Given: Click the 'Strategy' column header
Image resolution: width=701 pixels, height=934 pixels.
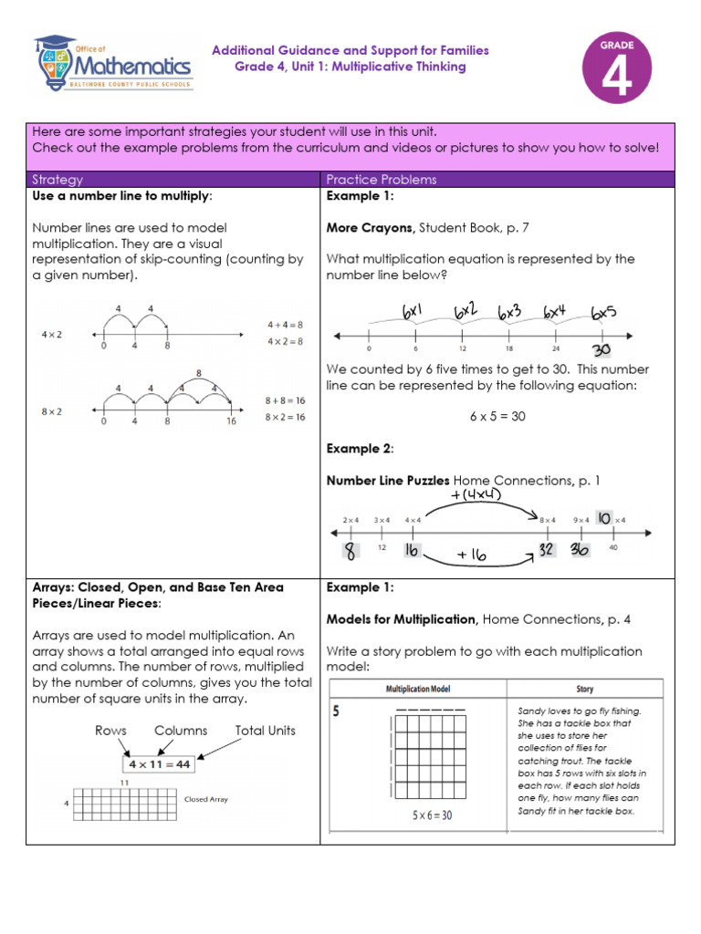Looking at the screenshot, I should (58, 180).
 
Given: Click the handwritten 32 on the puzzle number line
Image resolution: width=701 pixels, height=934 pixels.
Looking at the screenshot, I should (548, 549).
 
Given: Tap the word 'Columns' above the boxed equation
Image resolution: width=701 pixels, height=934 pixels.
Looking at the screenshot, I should (181, 731).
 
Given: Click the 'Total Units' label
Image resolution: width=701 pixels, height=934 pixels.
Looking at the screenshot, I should (265, 731).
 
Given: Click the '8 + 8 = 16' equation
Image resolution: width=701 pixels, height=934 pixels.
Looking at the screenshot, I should (285, 400).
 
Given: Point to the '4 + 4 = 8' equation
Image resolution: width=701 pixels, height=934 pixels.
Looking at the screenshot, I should (285, 324).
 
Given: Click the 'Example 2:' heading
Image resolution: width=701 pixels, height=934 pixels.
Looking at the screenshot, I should (360, 448).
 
